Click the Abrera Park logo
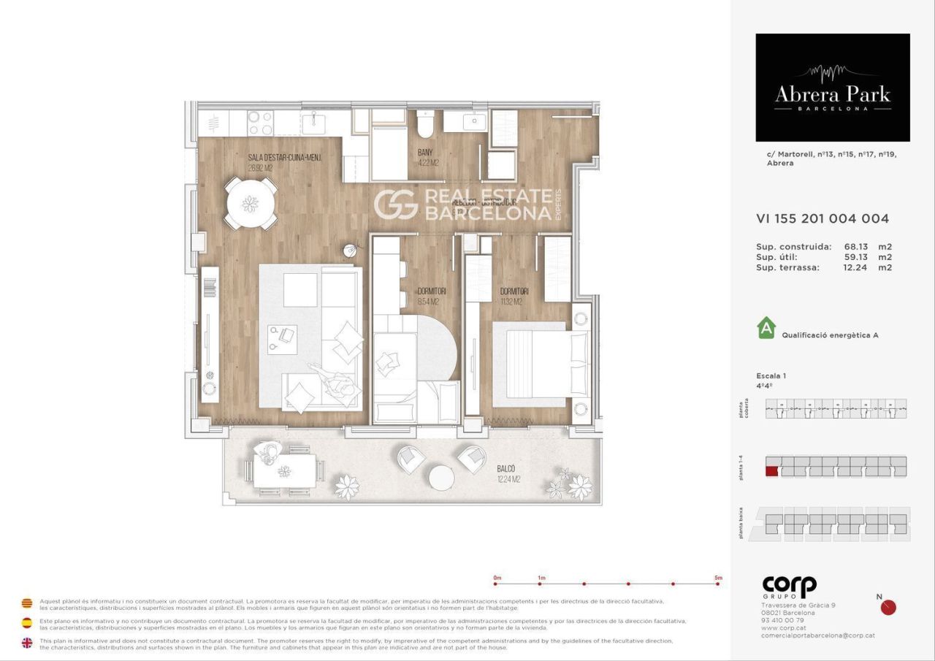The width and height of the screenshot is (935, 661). click(832, 88)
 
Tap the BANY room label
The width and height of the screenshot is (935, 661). click(425, 153)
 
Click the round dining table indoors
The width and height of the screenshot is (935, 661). click(251, 204)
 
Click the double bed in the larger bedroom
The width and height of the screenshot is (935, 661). click(541, 364)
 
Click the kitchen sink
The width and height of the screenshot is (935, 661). click(316, 120)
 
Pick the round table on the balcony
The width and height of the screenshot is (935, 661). click(441, 478)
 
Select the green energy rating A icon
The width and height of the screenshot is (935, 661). click(766, 328)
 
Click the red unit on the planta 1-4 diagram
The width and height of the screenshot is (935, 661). click(771, 471)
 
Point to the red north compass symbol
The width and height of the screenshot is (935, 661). click(888, 608)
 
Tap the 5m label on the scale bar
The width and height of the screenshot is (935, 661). click(718, 578)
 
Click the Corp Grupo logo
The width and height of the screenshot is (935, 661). click(789, 587)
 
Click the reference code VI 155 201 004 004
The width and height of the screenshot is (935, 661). click(823, 218)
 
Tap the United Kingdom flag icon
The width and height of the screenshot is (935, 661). click(27, 643)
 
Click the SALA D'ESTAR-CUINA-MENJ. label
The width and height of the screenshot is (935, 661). click(284, 158)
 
